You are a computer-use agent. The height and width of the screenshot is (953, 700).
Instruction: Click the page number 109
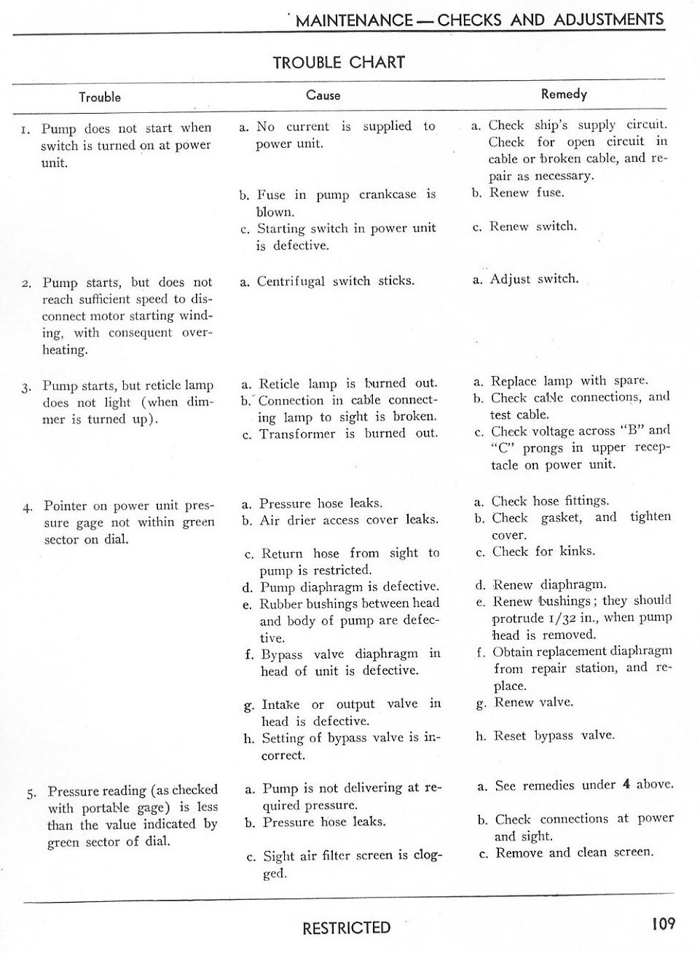click(x=664, y=924)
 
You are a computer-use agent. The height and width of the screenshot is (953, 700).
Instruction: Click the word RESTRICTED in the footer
click(x=346, y=927)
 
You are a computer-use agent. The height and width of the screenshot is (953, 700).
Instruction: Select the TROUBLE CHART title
click(x=339, y=63)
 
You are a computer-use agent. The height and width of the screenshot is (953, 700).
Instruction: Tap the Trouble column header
click(x=100, y=97)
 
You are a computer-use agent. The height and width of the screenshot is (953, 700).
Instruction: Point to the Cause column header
click(x=323, y=95)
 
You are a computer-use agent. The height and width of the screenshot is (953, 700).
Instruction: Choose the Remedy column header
click(x=564, y=93)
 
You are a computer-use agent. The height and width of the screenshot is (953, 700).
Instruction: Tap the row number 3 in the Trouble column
click(x=26, y=387)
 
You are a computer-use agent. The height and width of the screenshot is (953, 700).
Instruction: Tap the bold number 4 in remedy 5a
click(x=626, y=785)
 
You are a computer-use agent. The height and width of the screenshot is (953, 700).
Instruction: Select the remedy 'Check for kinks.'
click(x=543, y=552)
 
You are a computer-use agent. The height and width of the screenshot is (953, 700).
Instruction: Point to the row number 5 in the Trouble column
click(x=31, y=793)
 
